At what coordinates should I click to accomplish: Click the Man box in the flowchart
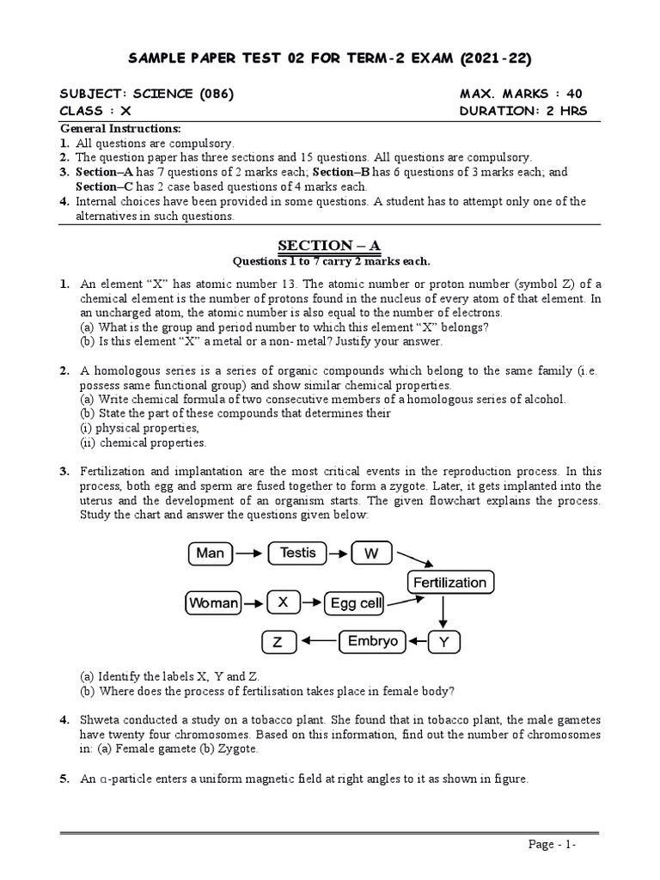tap(210, 553)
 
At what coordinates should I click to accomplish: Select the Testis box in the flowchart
tap(298, 553)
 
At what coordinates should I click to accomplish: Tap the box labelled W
tap(371, 553)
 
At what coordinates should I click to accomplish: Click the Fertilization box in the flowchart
tap(449, 583)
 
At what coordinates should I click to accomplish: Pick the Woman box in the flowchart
tap(213, 603)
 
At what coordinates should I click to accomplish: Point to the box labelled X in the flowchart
tap(282, 603)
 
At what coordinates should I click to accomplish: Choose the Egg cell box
tap(356, 603)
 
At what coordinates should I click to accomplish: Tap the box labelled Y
tap(443, 642)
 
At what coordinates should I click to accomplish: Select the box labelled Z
tap(278, 642)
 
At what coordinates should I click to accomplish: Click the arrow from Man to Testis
tap(250, 553)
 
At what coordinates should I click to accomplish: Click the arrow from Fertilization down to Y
tap(443, 612)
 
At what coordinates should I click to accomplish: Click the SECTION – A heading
tap(332, 247)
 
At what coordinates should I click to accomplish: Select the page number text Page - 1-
tap(552, 846)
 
